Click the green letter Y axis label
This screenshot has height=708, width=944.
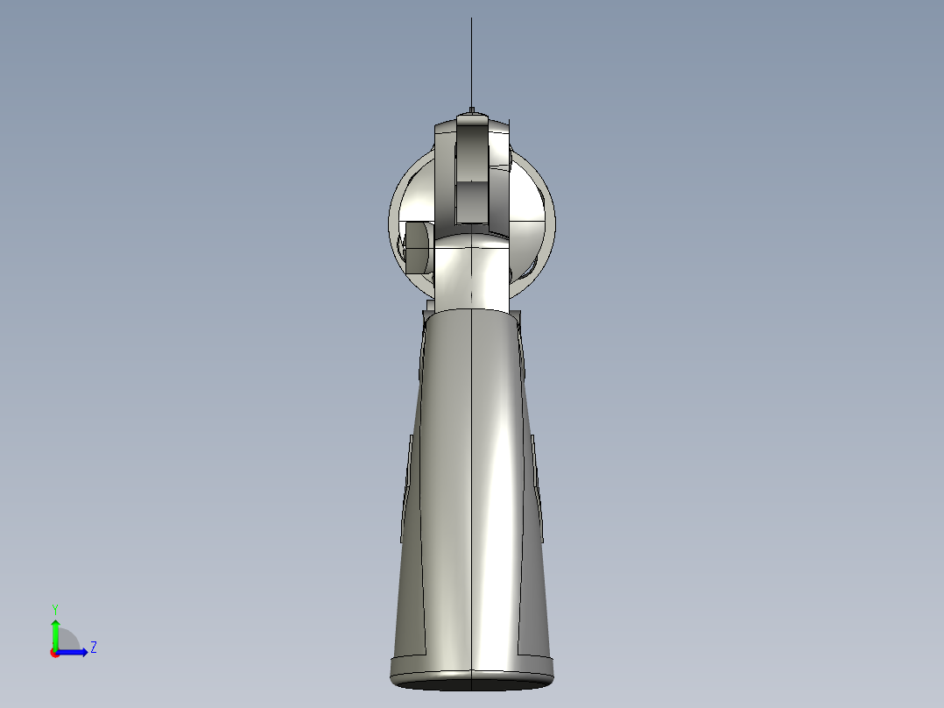(55, 608)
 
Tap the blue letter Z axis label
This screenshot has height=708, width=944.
(93, 648)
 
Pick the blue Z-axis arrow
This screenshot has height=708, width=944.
(74, 652)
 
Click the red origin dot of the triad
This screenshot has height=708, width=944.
(54, 653)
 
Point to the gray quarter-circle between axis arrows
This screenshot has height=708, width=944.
(67, 641)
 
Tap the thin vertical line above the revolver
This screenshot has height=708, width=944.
(471, 61)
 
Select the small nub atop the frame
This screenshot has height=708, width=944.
(471, 110)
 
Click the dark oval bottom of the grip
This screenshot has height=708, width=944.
(472, 680)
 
